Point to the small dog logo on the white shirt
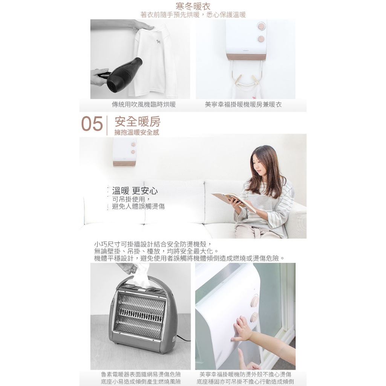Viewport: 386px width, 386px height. [x=158, y=41]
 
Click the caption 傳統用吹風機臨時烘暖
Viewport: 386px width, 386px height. [x=144, y=105]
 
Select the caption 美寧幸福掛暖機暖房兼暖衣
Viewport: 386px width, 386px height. [x=243, y=105]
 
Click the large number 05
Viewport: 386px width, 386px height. [x=92, y=124]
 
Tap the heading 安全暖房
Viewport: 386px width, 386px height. [x=138, y=121]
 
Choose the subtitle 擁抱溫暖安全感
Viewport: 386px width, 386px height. [x=137, y=132]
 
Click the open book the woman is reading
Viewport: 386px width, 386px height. [x=233, y=201]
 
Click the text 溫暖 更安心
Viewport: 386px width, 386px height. [x=135, y=191]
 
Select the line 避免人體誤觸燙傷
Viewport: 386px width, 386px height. [x=138, y=206]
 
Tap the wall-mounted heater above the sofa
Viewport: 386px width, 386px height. [x=124, y=152]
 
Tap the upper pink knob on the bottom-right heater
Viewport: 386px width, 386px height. [x=255, y=301]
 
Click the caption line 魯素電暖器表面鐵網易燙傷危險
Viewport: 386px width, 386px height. [x=141, y=374]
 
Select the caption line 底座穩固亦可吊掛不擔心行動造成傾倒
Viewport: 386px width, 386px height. [x=245, y=382]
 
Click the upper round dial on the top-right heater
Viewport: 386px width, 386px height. [x=261, y=26]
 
